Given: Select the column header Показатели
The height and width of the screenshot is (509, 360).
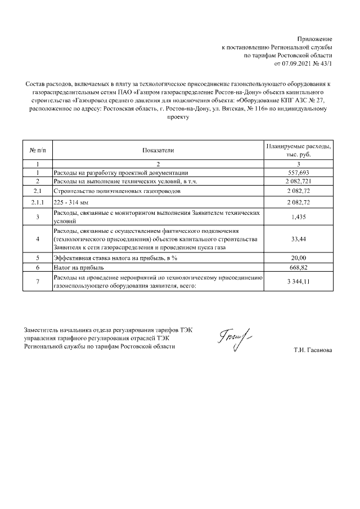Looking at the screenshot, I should point(158,150).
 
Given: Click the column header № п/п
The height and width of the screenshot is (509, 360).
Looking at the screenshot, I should point(37,150).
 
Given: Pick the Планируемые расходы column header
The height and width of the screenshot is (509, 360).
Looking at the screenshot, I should point(298,150).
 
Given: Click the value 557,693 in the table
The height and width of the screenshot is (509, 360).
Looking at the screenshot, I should point(298,173).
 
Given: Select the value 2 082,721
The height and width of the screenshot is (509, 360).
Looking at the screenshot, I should point(298,182).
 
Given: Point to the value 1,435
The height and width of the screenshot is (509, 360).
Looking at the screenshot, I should point(298,217).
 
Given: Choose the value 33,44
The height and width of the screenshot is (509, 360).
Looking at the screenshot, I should point(298,239).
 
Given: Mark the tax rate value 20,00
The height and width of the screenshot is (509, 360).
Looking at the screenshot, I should point(298,258).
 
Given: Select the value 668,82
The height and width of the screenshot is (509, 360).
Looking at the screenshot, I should point(298,267).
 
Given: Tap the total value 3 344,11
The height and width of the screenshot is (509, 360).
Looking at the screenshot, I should point(298,282).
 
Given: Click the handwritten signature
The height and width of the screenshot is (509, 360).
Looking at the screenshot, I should point(232,341).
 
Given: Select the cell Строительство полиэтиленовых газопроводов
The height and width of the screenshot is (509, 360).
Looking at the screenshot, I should point(117,191).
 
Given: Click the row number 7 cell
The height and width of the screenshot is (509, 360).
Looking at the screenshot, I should point(37,282).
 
